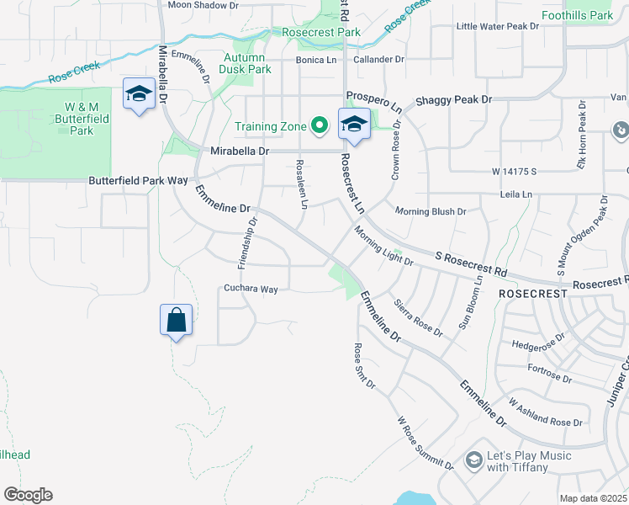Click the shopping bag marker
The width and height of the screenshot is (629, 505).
[x=177, y=321]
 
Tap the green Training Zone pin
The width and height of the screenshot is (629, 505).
[x=320, y=127]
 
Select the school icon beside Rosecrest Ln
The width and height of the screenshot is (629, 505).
[x=354, y=125]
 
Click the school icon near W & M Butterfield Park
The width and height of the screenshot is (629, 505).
[x=138, y=93]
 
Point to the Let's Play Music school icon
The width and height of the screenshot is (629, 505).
[x=473, y=460]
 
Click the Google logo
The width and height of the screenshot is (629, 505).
[x=28, y=495]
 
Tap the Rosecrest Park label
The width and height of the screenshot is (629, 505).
[x=321, y=32]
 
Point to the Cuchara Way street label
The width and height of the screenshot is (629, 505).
[x=251, y=289]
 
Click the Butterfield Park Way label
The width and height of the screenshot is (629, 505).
[x=138, y=180]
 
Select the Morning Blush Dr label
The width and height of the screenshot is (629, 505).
[x=431, y=211]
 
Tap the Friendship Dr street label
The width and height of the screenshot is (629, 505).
[x=246, y=242]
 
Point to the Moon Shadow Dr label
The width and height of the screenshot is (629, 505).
[x=203, y=5]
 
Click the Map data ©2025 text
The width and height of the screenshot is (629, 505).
[x=594, y=498]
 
